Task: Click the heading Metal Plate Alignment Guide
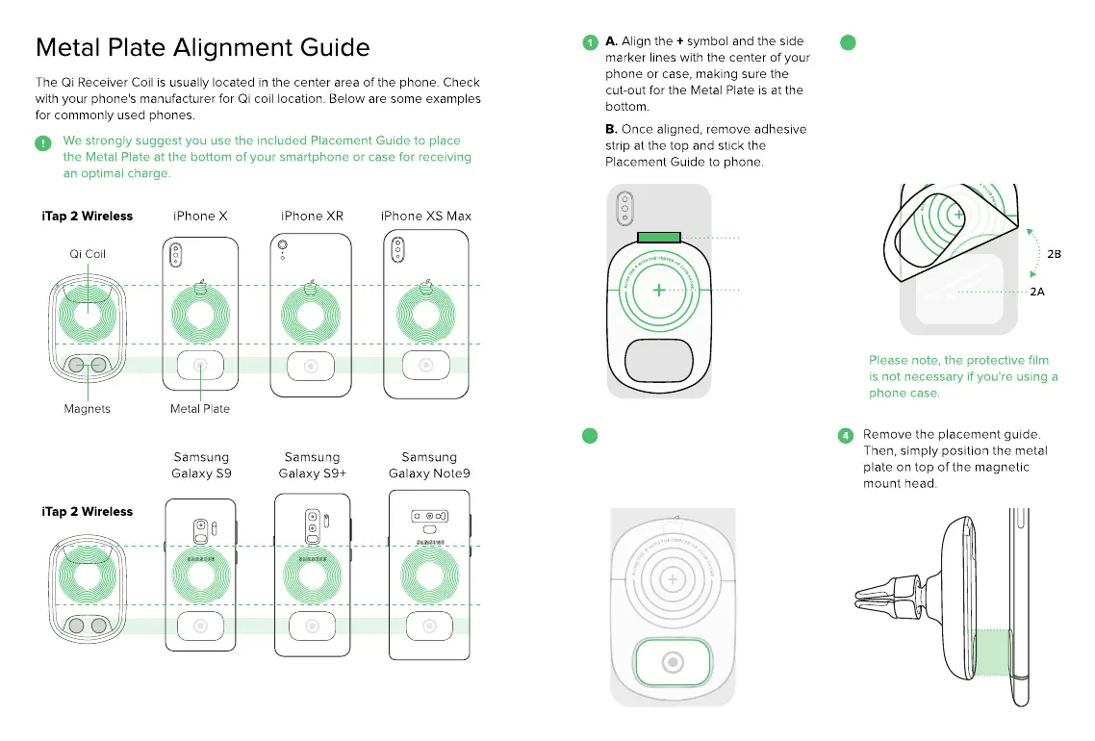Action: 202,47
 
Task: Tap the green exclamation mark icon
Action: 43,143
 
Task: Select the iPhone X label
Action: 200,216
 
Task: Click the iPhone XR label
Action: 312,216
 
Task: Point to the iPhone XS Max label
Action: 426,216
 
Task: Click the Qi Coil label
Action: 88,254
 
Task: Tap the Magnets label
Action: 87,409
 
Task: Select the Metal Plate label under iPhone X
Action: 200,409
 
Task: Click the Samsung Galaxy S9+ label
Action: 312,465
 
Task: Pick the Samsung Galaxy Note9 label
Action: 429,465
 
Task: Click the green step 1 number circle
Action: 590,42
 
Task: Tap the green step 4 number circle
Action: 846,435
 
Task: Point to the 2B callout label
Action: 1054,254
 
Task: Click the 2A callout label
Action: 1036,292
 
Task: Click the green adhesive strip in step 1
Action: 659,238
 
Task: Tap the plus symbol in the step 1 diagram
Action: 658,290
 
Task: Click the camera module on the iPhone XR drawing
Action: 282,246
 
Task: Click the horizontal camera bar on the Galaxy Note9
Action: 429,516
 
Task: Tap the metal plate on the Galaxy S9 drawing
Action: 201,626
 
